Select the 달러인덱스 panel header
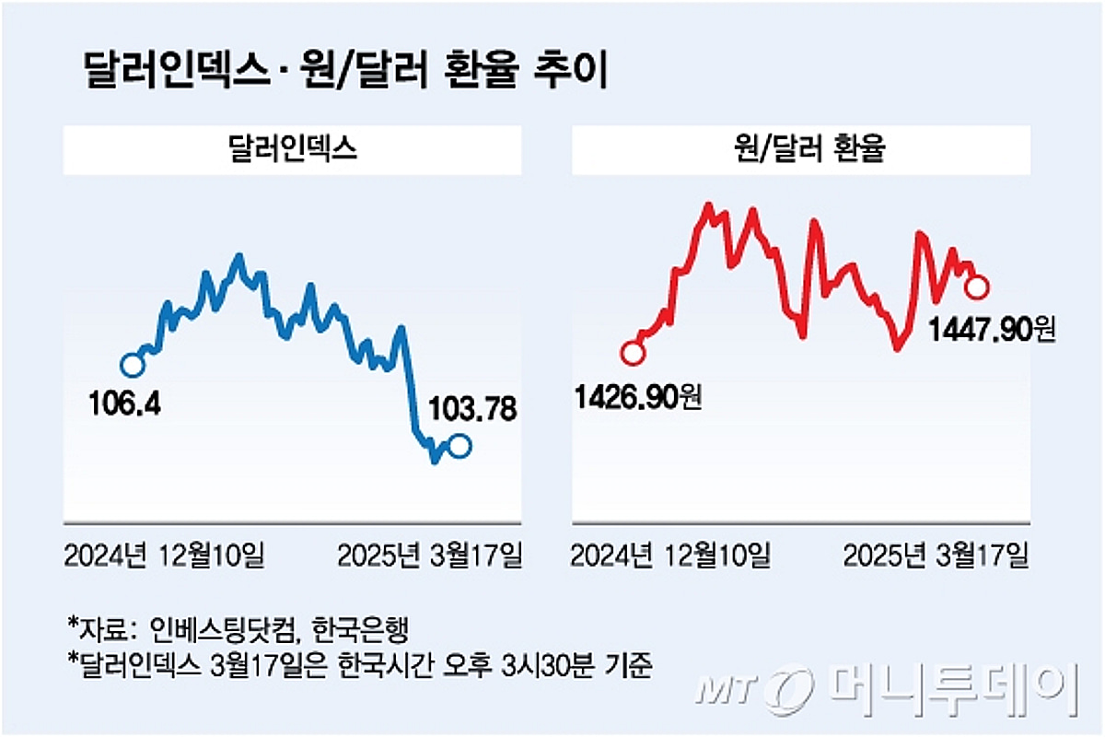tap(292, 150)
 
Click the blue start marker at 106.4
tap(133, 365)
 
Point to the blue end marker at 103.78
tap(459, 446)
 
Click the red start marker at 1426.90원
tap(632, 353)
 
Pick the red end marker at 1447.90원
tap(977, 287)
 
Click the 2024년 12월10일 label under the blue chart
tap(165, 556)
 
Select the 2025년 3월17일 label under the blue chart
tap(429, 556)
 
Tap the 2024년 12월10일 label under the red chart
tap(671, 556)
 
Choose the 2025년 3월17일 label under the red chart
tap(936, 556)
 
